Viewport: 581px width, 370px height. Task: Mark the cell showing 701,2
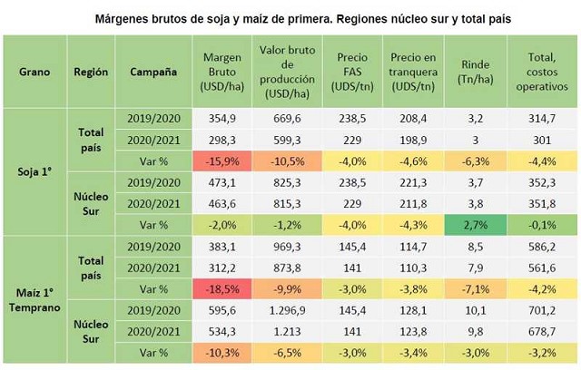point(542,309)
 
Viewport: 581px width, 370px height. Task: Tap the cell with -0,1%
point(542,225)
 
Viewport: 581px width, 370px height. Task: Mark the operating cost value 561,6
point(542,268)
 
